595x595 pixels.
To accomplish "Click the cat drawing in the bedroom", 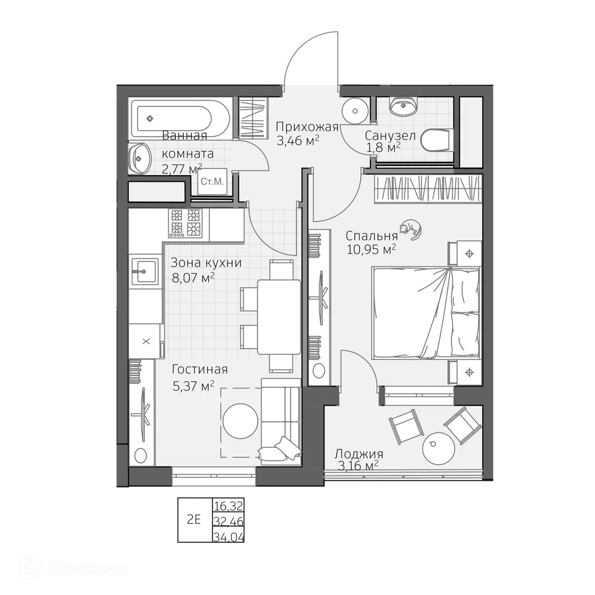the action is (x=410, y=230).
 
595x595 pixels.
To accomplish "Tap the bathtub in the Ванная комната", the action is (x=179, y=118).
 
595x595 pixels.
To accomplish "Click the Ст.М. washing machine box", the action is (x=212, y=181).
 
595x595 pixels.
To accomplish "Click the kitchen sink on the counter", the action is (x=144, y=271).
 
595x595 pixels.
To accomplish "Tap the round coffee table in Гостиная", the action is (x=241, y=421).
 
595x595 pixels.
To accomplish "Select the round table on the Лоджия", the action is (x=439, y=448).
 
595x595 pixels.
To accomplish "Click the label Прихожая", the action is (x=307, y=126).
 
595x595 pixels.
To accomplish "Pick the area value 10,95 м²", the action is (x=371, y=250).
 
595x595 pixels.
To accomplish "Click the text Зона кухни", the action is (x=206, y=262).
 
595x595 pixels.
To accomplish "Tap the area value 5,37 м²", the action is (x=193, y=386).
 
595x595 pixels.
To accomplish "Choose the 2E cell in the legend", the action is (x=194, y=520).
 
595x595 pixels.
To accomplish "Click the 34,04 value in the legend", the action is (x=229, y=537).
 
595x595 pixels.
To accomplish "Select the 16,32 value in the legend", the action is (x=228, y=505).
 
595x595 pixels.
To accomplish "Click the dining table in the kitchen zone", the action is (x=279, y=317).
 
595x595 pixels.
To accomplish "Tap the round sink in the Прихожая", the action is (x=355, y=110).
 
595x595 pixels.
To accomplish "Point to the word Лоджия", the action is (x=359, y=454).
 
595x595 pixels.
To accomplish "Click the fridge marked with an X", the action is (x=146, y=341).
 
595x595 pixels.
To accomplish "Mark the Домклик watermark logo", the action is (x=75, y=568).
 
